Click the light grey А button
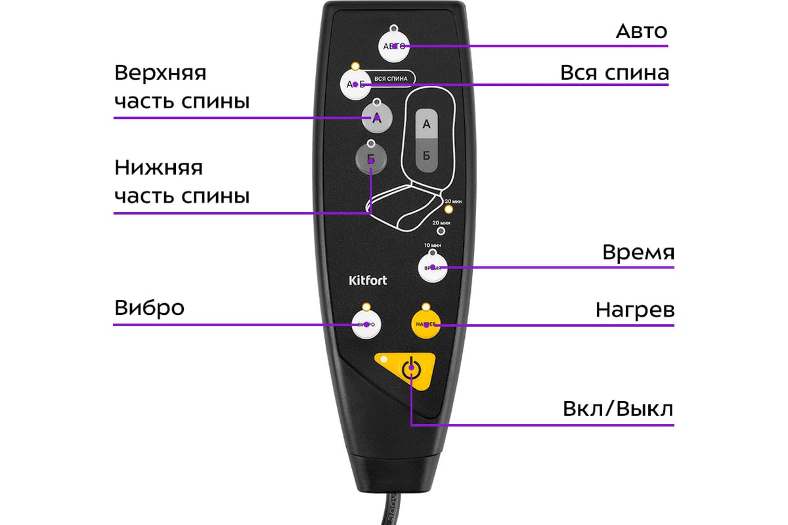point(376,118)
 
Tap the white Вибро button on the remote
point(366,324)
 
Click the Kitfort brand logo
point(368,281)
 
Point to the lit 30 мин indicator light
point(449,209)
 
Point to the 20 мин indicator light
point(441,231)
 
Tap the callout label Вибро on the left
point(149,308)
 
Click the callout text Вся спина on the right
point(614,73)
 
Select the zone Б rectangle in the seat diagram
point(426,156)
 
